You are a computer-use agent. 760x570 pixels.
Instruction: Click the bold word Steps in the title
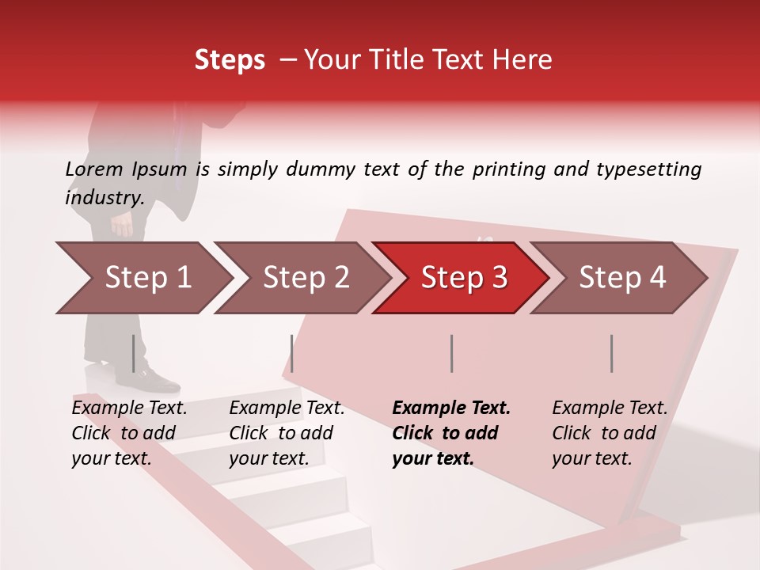point(230,60)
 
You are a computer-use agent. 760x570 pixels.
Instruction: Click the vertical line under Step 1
point(134,353)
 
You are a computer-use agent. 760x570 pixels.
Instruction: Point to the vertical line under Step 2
point(292,353)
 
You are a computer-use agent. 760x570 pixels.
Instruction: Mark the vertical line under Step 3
point(451,353)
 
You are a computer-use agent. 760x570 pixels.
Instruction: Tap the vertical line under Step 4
point(612,353)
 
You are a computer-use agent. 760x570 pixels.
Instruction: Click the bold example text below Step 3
point(451,433)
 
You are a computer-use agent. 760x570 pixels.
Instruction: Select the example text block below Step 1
point(129,433)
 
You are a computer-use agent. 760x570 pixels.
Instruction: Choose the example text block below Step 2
point(287,433)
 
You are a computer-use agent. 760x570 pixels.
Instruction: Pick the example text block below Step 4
point(610,433)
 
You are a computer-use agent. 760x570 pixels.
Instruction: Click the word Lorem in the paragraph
point(94,169)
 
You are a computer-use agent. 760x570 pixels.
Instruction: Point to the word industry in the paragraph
point(104,198)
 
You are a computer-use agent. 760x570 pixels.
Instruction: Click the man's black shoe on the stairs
point(155,382)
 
